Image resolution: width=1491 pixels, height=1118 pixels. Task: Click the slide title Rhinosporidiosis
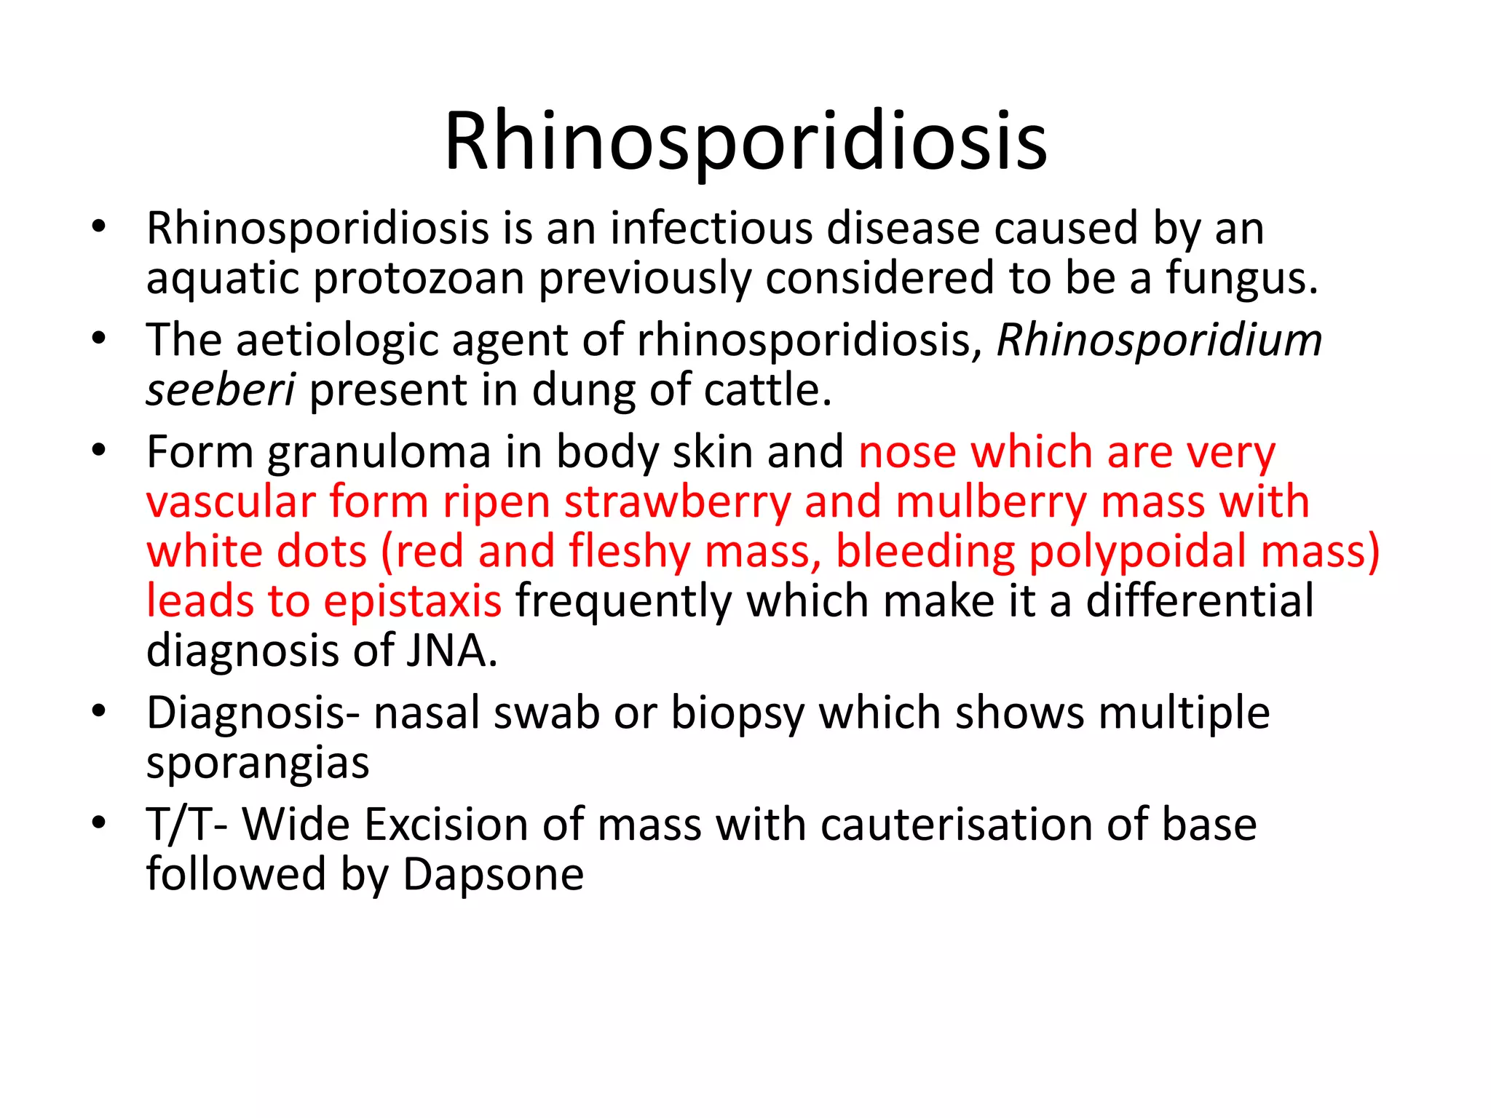pyautogui.click(x=745, y=141)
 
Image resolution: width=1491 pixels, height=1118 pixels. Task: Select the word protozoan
pyautogui.click(x=419, y=279)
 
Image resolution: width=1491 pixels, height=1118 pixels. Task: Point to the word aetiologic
pyautogui.click(x=337, y=341)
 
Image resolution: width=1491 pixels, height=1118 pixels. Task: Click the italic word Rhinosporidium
pyautogui.click(x=1159, y=341)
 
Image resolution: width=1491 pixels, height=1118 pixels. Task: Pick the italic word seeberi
pyautogui.click(x=221, y=391)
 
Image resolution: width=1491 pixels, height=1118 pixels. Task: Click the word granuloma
pyautogui.click(x=379, y=453)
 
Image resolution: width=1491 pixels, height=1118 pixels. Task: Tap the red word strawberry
pyautogui.click(x=677, y=503)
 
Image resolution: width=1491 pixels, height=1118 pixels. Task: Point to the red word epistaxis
pyautogui.click(x=412, y=602)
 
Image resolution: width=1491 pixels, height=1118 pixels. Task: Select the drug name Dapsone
pyautogui.click(x=493, y=875)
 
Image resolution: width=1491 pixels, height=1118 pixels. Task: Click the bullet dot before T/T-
pyautogui.click(x=100, y=823)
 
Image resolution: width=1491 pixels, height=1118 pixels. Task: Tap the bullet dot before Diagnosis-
pyautogui.click(x=100, y=711)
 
